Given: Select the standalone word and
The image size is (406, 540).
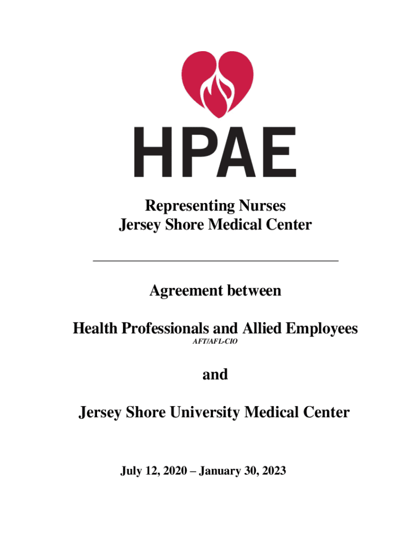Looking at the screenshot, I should pos(215,374).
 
